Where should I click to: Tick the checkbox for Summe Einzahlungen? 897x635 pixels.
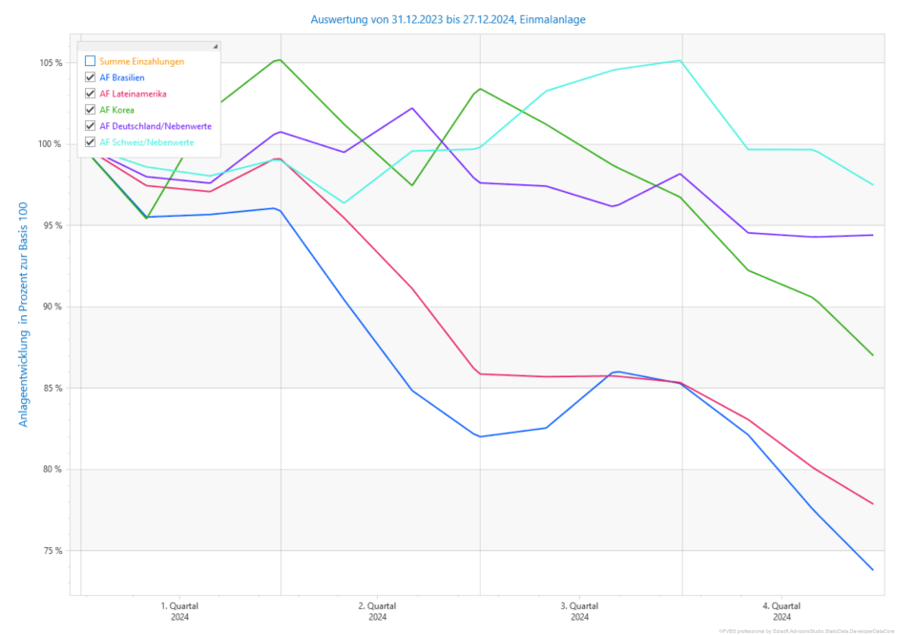(x=90, y=61)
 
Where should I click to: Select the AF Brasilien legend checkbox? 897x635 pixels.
(x=90, y=77)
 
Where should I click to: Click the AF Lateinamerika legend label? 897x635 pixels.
(x=133, y=94)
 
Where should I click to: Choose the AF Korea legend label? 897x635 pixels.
(x=117, y=110)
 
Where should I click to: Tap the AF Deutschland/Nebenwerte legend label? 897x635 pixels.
(x=156, y=126)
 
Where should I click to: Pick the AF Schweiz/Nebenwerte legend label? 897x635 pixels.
(x=147, y=142)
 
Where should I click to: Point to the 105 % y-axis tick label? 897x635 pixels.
(x=51, y=63)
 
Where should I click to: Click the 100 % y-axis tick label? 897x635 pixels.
(x=51, y=144)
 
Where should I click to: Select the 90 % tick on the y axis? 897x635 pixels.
(x=52, y=307)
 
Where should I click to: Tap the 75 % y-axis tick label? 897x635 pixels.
(x=52, y=551)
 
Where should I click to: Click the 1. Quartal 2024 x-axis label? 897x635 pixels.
(x=179, y=611)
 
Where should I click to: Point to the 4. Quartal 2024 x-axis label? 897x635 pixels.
(x=781, y=611)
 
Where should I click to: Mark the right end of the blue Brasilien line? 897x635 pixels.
(x=872, y=570)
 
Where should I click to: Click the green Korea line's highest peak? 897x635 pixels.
(x=279, y=59)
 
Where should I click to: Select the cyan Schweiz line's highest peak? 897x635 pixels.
(x=679, y=60)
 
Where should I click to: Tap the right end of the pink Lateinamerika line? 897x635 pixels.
(x=872, y=503)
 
